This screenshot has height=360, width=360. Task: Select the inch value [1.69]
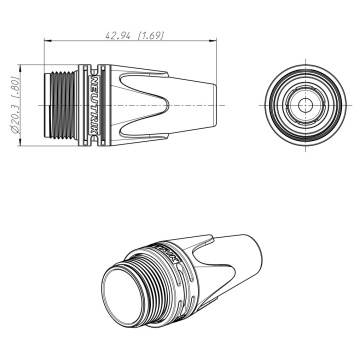pyautogui.click(x=151, y=36)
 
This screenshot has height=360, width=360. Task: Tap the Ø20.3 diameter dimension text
pyautogui.click(x=16, y=105)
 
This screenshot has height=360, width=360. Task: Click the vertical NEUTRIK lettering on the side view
pyautogui.click(x=94, y=105)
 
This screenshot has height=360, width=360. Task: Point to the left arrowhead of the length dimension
pyautogui.click(x=48, y=41)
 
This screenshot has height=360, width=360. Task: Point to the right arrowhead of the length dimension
pyautogui.click(x=213, y=41)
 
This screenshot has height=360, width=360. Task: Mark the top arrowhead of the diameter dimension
pyautogui.click(x=20, y=69)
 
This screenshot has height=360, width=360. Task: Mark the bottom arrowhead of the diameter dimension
pyautogui.click(x=20, y=142)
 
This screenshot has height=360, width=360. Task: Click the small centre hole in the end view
pyautogui.click(x=305, y=105)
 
